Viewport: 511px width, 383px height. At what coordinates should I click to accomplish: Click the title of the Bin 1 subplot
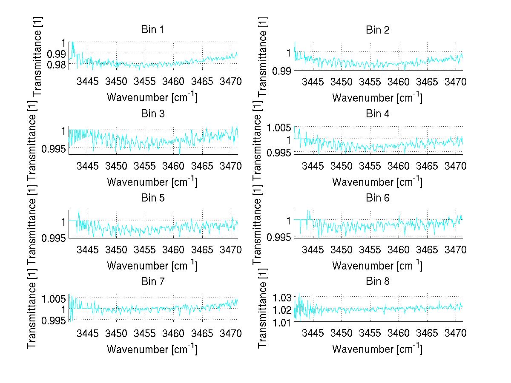tap(152, 30)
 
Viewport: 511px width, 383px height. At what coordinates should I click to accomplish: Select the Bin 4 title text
tap(377, 113)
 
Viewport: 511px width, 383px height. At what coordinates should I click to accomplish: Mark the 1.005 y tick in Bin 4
tap(279, 127)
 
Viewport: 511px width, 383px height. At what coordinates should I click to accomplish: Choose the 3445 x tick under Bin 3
tap(88, 165)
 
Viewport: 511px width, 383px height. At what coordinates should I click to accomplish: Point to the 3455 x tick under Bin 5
tap(145, 249)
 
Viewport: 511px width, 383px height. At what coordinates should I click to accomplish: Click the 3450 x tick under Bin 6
tap(342, 249)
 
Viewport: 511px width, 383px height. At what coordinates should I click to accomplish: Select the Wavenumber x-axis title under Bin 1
tap(152, 97)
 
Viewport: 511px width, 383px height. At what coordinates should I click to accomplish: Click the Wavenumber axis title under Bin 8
tap(377, 349)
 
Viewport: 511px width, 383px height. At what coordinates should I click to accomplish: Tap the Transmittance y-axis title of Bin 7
tap(32, 309)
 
